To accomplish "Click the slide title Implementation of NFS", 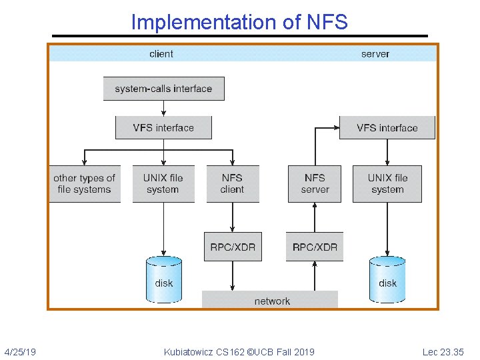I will click(x=239, y=22).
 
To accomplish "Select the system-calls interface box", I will click(x=163, y=89).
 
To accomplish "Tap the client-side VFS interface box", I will click(x=163, y=127).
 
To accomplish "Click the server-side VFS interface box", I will click(x=387, y=127).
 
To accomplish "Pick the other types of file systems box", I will click(x=84, y=183).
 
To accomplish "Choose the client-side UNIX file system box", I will click(x=163, y=183).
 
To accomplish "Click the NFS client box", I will click(x=232, y=183).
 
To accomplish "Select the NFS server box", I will click(x=315, y=183).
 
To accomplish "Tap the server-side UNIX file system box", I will click(x=387, y=183).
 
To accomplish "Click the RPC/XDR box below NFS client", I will click(x=232, y=247).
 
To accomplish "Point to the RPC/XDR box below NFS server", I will click(x=315, y=247).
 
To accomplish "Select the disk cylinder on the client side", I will click(x=163, y=281).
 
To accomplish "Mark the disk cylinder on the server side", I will click(x=387, y=281).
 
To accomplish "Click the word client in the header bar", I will click(x=161, y=54).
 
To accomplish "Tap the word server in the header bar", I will click(x=375, y=54).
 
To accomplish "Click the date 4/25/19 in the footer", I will click(x=20, y=351).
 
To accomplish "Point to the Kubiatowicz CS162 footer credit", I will click(x=239, y=351).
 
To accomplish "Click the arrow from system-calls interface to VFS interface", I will click(x=163, y=108).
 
